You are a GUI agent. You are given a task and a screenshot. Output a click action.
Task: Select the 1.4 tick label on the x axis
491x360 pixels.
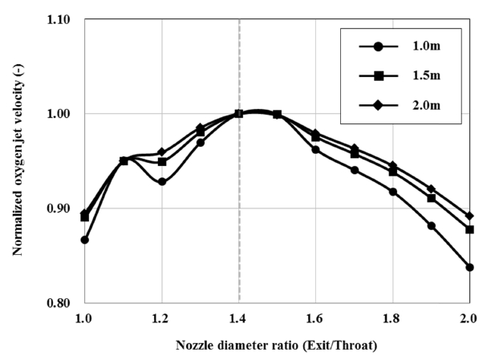coord(238,318)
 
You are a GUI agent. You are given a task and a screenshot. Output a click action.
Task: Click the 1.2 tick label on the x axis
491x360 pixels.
coord(161,318)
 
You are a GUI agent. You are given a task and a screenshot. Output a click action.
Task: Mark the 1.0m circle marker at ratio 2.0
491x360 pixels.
coord(469,267)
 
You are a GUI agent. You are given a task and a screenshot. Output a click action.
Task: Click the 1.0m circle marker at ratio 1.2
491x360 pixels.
coord(162,182)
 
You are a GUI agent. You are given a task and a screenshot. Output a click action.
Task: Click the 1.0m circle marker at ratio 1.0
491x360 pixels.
coord(84,240)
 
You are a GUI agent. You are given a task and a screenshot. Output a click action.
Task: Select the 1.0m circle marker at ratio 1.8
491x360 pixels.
coord(392,192)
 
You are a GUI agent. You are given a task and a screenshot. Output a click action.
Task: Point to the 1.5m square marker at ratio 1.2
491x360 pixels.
coord(162,162)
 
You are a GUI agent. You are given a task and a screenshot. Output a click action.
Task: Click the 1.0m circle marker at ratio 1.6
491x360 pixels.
coord(315,150)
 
